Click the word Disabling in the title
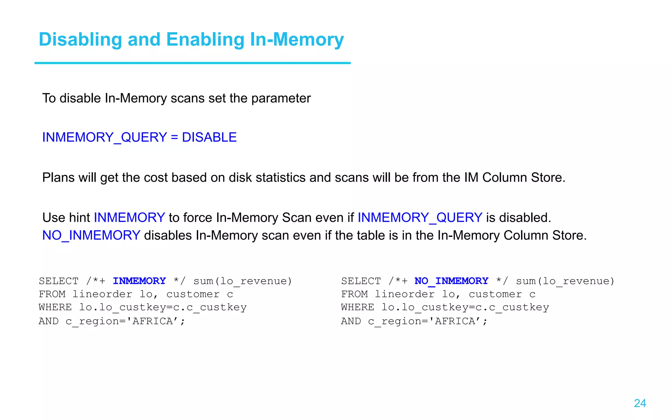[80, 40]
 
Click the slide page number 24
[640, 403]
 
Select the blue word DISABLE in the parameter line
[209, 137]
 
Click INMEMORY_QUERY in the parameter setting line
[104, 137]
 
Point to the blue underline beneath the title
[192, 63]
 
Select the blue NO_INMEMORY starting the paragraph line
[91, 235]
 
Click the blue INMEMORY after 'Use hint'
[129, 218]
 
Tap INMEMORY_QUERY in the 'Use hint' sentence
[420, 218]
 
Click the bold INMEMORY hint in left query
[139, 281]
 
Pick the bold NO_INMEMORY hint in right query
[451, 281]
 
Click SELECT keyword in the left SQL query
[58, 281]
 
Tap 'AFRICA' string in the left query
[153, 321]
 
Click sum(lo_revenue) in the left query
[242, 281]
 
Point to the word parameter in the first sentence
[281, 98]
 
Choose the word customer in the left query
[193, 294]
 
